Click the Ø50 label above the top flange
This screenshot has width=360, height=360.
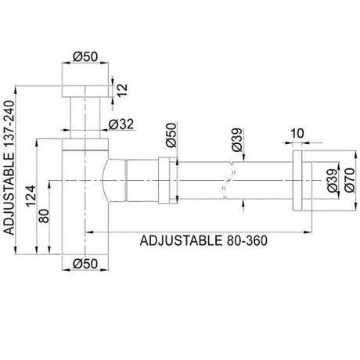(85, 56)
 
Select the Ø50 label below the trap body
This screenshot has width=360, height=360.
(85, 264)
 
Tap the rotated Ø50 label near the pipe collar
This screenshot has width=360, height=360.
(171, 135)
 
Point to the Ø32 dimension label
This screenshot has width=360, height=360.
(121, 124)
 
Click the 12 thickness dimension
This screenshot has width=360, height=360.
(122, 90)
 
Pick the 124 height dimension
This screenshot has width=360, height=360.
(31, 196)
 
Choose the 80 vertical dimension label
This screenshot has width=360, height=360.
(44, 216)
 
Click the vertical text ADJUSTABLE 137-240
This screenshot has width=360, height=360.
(9, 167)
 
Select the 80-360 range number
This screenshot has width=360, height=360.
(247, 240)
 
